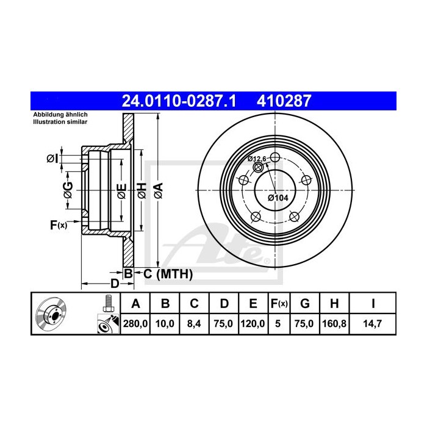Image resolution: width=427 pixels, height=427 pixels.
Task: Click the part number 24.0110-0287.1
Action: point(179,101)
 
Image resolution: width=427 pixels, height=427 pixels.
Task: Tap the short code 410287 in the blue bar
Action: point(284,101)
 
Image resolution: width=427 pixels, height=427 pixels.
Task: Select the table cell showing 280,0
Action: point(135,323)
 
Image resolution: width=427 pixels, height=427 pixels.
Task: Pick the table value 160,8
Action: point(334,323)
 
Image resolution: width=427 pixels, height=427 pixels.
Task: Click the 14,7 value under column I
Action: point(373,323)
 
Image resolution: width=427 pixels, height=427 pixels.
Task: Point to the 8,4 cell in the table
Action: point(194,323)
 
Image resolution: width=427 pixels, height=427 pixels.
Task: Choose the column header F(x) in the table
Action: point(279,303)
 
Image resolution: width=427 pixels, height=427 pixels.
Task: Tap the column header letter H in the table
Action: point(334,303)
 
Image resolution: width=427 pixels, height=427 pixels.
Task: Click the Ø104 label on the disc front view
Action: point(278,198)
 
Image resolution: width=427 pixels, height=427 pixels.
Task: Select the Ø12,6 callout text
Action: point(257,159)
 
